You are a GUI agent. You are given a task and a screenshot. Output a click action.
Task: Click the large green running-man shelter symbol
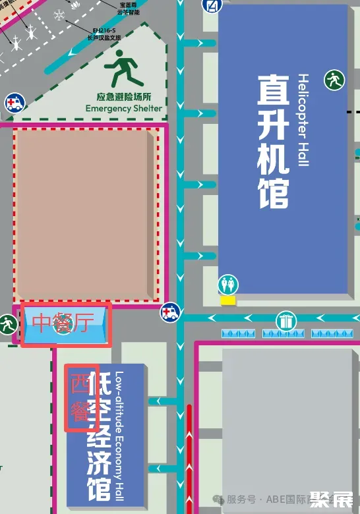123,69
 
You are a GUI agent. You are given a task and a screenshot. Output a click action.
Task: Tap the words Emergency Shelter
124,108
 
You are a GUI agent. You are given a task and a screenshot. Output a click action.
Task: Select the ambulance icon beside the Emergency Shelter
13,102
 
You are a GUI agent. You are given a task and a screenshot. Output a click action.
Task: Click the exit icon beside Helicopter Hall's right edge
334,80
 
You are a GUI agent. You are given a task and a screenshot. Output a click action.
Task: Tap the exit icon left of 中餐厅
8,324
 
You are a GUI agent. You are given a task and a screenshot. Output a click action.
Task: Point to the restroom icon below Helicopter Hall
229,285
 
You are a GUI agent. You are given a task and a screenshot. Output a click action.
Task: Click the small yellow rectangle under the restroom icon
228,300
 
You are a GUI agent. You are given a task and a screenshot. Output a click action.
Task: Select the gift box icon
285,322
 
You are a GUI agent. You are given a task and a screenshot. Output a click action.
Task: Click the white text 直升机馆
274,140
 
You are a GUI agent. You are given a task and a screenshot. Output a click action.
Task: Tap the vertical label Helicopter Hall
303,119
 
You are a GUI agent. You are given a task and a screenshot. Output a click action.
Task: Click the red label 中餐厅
63,323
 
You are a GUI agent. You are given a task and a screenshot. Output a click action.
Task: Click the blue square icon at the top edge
212,5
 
